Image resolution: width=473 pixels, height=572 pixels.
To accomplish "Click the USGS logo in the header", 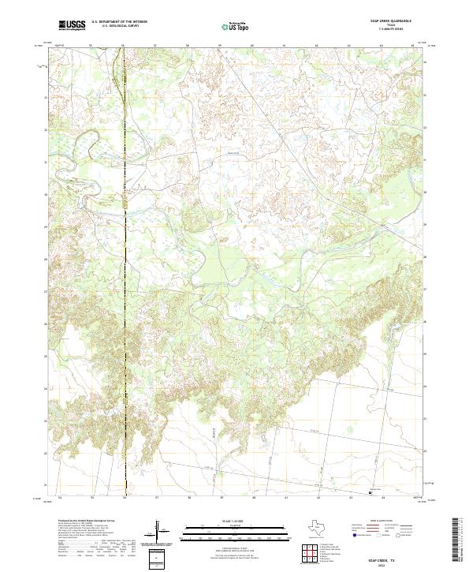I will (x=72, y=26).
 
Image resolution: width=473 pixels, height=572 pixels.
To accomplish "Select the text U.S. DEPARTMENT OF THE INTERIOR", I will (x=120, y=23).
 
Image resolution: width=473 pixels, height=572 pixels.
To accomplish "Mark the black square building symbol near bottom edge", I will (x=371, y=492).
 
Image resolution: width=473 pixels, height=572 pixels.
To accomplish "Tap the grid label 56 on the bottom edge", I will (x=124, y=499).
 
